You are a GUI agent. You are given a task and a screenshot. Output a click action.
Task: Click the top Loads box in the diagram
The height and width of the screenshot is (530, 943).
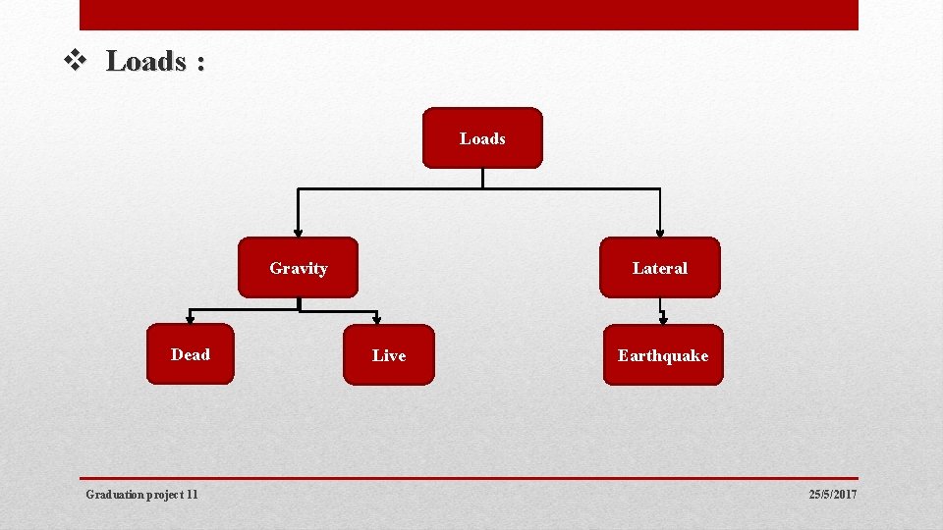click(x=482, y=138)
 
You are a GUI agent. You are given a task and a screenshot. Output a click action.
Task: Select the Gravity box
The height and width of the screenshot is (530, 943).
click(x=299, y=267)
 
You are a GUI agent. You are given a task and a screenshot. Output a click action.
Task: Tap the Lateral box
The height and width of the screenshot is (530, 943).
click(x=660, y=267)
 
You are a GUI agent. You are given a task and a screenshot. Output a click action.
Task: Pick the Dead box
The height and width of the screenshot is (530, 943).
click(x=191, y=354)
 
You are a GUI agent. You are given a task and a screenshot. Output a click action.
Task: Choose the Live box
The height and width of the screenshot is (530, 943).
click(x=389, y=355)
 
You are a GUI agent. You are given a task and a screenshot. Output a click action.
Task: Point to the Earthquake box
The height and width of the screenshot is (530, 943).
click(x=663, y=355)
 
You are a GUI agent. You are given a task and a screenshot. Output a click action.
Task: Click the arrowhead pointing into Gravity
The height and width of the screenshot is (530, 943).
click(x=299, y=231)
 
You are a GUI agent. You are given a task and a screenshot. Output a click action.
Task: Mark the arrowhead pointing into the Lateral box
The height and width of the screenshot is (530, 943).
click(x=660, y=231)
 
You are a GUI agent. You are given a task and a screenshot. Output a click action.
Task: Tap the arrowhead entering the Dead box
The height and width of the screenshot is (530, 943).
click(x=191, y=318)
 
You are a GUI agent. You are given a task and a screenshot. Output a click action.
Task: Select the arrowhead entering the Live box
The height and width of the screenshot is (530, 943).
click(x=377, y=319)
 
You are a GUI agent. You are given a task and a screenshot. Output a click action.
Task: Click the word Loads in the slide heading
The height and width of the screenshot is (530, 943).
click(x=146, y=62)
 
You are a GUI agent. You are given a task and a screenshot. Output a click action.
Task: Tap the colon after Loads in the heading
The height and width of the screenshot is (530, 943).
click(x=200, y=64)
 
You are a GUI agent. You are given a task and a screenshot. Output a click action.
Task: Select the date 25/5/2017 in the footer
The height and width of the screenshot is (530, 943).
click(x=833, y=495)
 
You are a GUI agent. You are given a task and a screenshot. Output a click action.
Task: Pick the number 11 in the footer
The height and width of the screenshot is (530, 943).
click(x=192, y=495)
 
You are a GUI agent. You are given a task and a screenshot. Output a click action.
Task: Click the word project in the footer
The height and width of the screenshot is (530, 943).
click(x=166, y=495)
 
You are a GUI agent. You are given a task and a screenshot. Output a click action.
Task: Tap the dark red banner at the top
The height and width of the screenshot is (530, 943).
click(x=469, y=15)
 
